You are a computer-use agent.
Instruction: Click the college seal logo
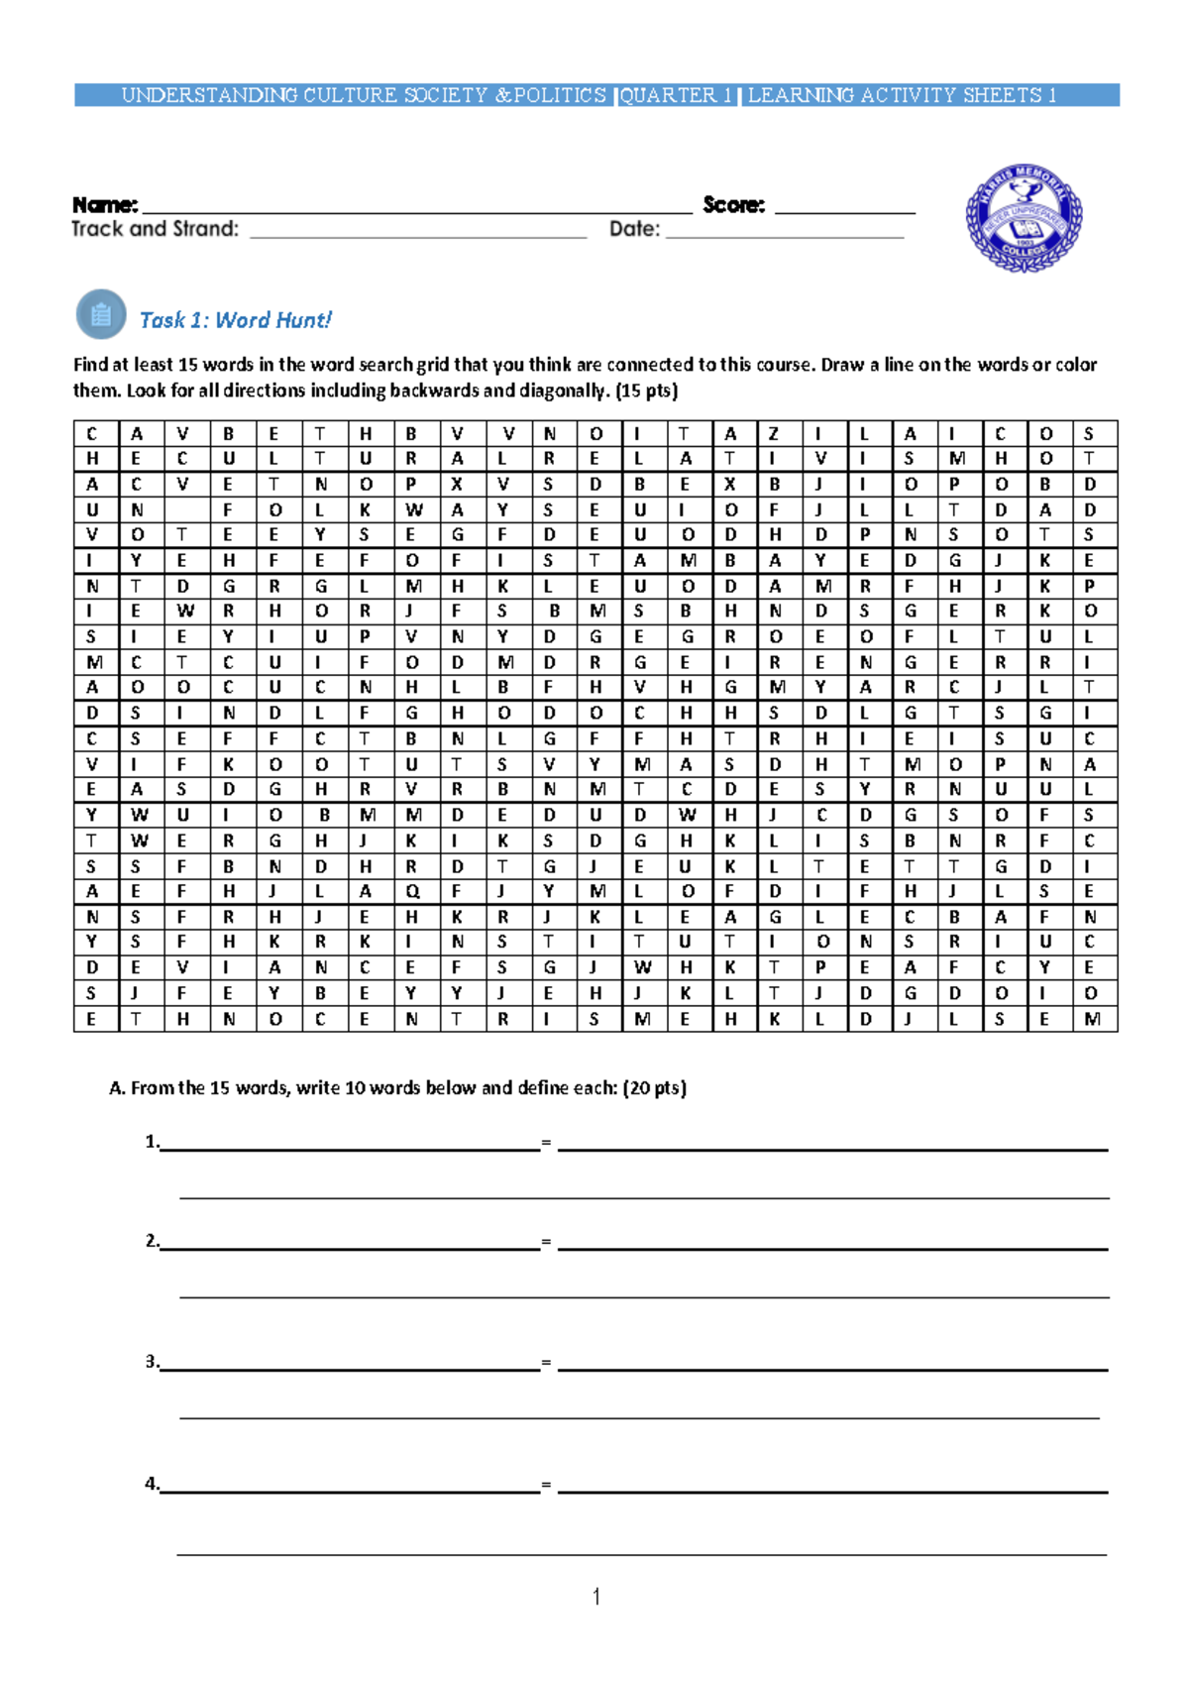[1024, 219]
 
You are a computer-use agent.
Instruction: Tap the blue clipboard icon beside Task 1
[101, 315]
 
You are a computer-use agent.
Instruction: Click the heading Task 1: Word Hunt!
[235, 320]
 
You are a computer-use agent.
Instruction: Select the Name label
[104, 205]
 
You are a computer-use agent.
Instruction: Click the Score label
[733, 205]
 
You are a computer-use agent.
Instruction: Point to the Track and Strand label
[155, 229]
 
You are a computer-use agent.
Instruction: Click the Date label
[634, 229]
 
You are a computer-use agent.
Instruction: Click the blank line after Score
[844, 210]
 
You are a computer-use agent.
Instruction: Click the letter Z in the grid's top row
[774, 434]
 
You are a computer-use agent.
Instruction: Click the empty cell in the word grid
[182, 510]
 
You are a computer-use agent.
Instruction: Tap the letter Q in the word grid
[412, 891]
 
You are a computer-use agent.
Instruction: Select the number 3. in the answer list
[152, 1362]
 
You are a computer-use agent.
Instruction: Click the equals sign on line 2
[546, 1242]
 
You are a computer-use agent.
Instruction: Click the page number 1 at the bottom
[595, 1596]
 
